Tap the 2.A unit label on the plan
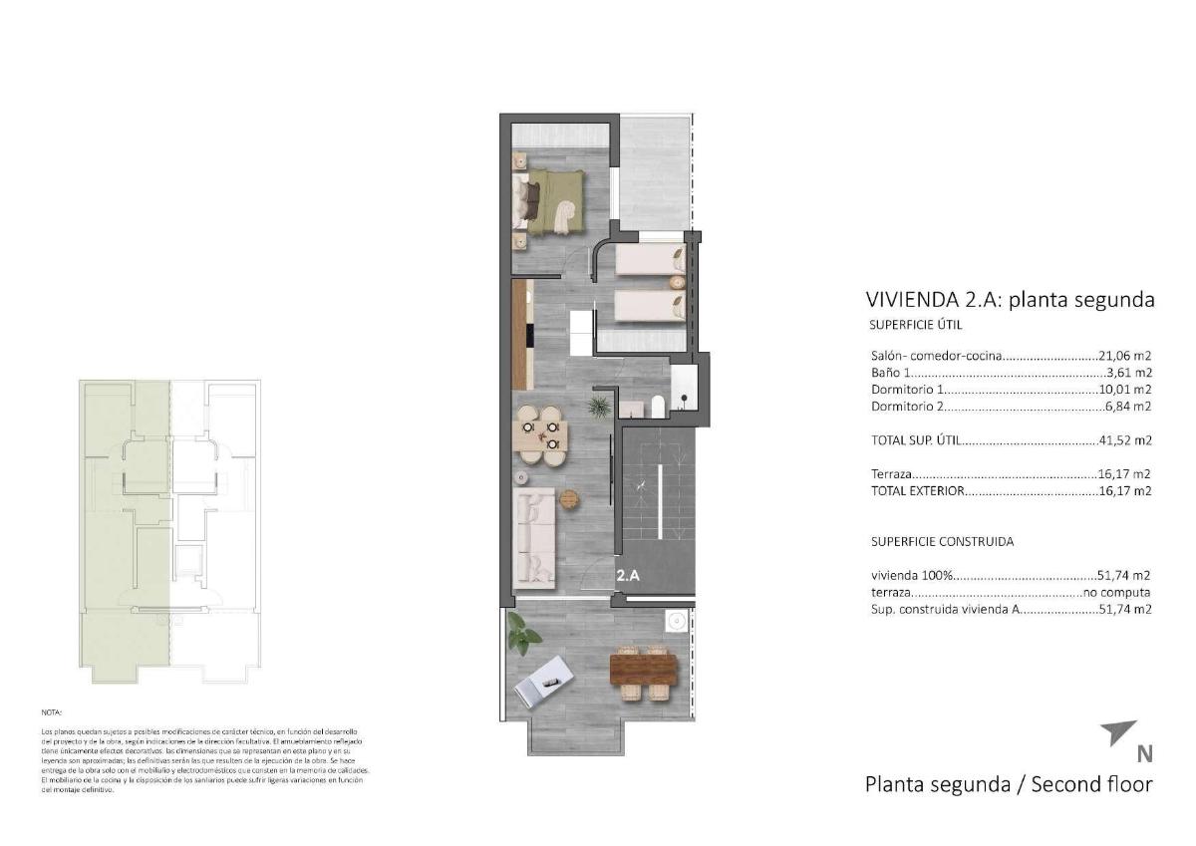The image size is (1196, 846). [627, 576]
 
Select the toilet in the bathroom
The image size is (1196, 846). [657, 406]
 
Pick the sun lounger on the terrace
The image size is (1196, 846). [542, 682]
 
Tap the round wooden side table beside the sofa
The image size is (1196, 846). [569, 498]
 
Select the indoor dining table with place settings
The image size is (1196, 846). [538, 433]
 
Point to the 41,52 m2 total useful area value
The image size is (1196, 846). [1124, 439]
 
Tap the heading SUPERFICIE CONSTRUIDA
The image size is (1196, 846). [942, 542]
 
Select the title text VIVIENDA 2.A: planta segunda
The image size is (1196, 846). [1010, 300]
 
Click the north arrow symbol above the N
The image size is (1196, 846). [1117, 732]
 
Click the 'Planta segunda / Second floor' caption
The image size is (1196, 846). [1009, 784]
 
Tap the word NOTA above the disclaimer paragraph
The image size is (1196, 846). [51, 713]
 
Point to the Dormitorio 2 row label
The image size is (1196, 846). [906, 407]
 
